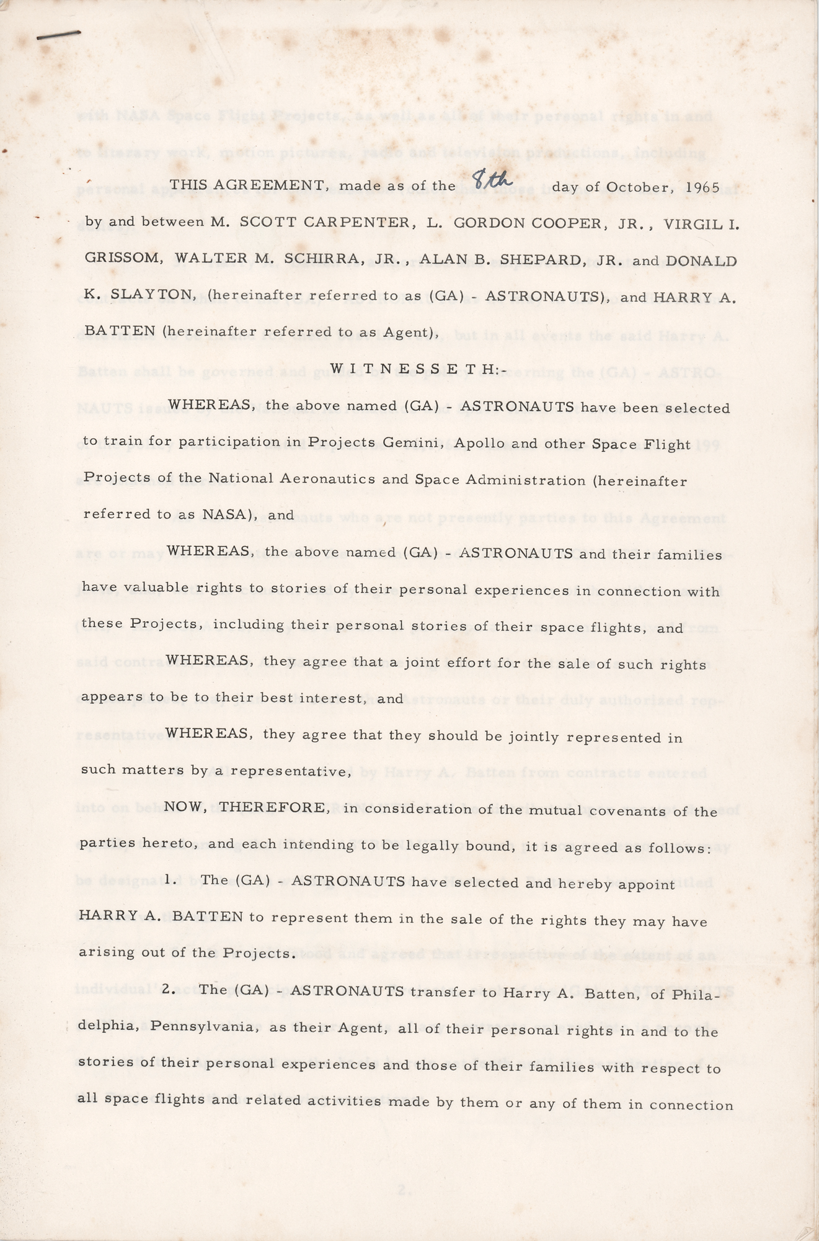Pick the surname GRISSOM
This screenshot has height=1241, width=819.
tap(124, 260)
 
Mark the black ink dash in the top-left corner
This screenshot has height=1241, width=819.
tap(59, 35)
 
